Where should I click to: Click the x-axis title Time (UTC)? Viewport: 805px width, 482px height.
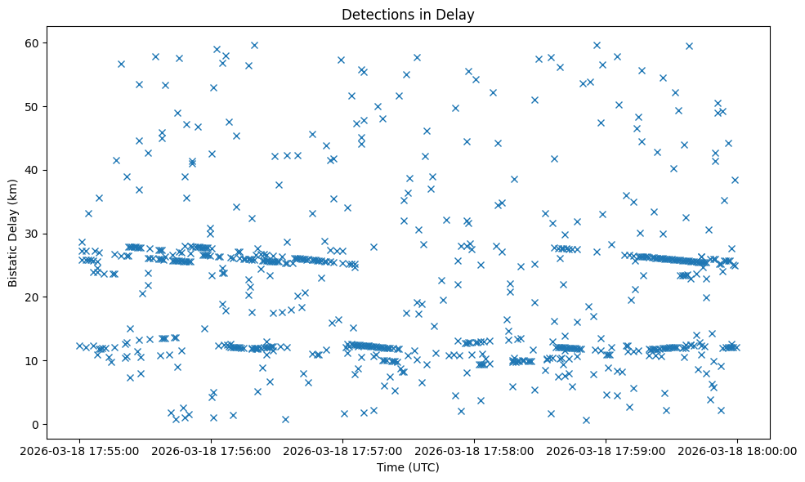tap(407, 467)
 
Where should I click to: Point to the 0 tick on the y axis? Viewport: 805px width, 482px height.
tap(37, 424)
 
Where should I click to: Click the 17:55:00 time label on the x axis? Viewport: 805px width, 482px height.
tap(79, 450)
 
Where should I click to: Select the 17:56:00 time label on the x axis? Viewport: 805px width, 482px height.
tap(211, 450)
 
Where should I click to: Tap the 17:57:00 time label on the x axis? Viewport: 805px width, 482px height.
tap(342, 450)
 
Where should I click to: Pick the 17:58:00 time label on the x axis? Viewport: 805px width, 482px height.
tap(474, 450)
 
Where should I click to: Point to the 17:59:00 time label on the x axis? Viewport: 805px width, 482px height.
tap(606, 450)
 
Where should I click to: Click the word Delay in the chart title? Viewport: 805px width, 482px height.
tap(459, 14)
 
